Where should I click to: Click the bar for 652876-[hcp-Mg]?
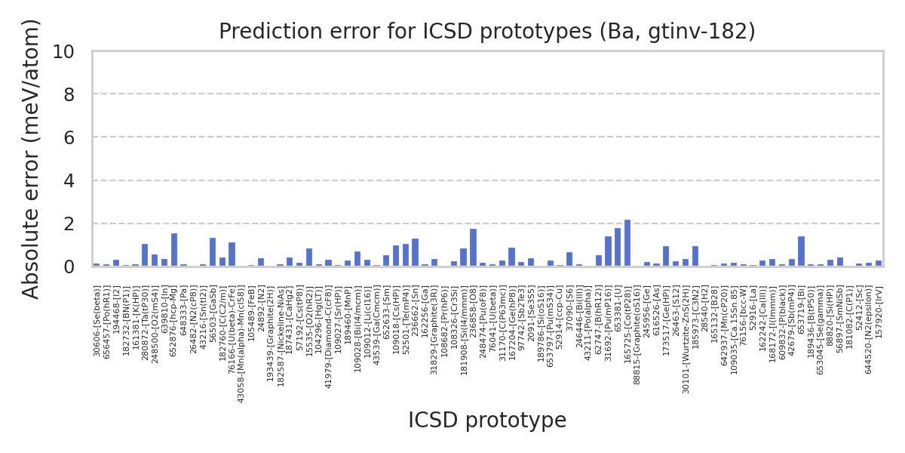click(173, 250)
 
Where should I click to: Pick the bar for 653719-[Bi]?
click(801, 251)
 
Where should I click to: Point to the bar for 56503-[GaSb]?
click(213, 252)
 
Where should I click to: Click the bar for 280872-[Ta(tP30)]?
click(145, 255)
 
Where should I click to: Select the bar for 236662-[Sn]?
click(415, 252)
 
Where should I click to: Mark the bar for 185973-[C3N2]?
click(695, 257)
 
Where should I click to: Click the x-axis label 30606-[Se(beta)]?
click(97, 320)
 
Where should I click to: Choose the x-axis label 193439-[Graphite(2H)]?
click(271, 333)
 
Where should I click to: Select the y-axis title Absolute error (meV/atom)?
click(31, 159)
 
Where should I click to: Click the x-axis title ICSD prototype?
click(487, 421)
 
